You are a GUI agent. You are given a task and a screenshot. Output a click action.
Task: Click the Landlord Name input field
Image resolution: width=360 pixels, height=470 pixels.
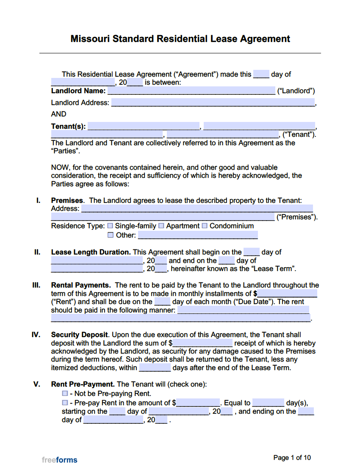[191, 91]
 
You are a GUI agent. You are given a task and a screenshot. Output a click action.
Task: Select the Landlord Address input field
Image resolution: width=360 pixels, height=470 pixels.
[213, 102]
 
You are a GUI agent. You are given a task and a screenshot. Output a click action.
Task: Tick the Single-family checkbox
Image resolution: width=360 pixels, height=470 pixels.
[110, 226]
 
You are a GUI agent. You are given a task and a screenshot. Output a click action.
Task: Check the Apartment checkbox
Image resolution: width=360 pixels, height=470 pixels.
[161, 226]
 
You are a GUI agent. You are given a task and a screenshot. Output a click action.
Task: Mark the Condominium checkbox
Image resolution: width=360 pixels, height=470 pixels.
[205, 226]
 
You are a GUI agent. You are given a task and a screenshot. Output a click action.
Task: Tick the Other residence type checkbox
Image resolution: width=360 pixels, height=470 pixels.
[110, 235]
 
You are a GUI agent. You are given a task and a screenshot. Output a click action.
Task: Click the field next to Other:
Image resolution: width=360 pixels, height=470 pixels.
[198, 235]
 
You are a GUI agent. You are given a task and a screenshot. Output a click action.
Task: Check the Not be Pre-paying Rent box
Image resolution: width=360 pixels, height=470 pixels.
[65, 394]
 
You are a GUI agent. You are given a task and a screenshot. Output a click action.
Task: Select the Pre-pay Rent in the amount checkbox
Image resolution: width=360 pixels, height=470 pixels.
[65, 403]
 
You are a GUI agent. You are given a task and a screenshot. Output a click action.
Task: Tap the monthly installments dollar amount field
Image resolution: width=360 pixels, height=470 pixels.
[288, 293]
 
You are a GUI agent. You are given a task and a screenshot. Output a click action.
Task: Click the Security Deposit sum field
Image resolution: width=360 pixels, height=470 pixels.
[203, 343]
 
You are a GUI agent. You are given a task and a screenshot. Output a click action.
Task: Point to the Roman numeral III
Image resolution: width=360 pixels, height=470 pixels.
[36, 285]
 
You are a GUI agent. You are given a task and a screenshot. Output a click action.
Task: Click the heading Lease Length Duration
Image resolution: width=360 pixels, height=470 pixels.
[91, 252]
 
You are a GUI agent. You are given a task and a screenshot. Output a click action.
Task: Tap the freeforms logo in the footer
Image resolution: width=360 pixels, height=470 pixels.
[60, 460]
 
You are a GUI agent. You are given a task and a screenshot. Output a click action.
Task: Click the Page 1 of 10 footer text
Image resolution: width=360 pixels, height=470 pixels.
[292, 458]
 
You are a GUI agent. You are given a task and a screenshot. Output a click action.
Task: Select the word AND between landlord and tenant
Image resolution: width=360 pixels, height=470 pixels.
[58, 114]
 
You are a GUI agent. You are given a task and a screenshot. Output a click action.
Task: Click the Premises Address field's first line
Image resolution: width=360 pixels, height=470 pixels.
[197, 208]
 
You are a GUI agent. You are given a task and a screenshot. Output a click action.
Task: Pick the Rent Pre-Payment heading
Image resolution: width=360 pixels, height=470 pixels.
[83, 384]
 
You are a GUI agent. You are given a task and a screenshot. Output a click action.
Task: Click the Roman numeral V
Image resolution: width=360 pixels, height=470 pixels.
[37, 384]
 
